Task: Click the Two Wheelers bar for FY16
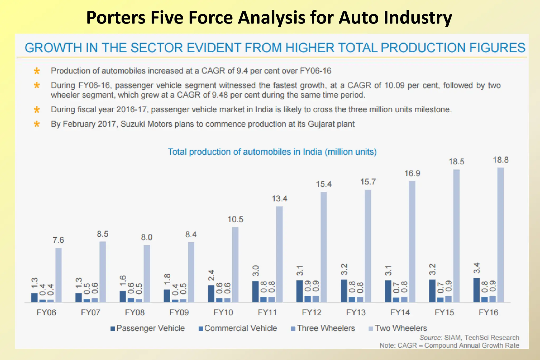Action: coord(500,235)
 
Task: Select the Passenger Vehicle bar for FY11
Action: coord(255,291)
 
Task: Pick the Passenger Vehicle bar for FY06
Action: coord(35,297)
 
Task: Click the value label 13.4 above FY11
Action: coord(279,198)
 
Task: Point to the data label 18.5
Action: coord(456,161)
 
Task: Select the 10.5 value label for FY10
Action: coord(235,219)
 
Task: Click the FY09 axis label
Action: coord(179,313)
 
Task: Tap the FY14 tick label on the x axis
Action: coord(400,313)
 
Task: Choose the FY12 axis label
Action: coord(312,313)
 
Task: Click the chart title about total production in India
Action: coord(272,152)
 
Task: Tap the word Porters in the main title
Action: coord(116,18)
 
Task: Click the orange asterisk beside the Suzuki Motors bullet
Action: coord(37,124)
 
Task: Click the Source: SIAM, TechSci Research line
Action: coord(469,338)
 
